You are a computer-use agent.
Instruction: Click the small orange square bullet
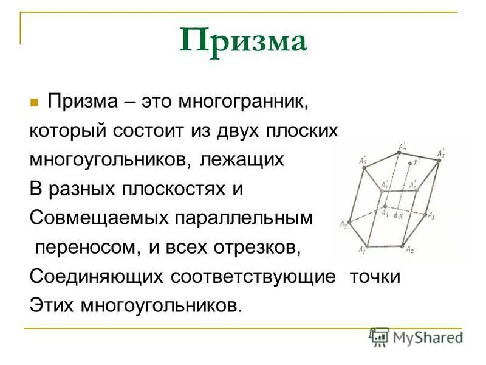[34, 102]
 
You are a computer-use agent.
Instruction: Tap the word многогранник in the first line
[244, 101]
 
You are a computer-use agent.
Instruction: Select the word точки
[375, 276]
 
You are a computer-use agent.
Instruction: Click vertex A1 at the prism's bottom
[367, 245]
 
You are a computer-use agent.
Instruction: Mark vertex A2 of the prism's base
[402, 246]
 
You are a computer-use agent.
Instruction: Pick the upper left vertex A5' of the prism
[364, 167]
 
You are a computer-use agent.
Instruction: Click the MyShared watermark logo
[416, 337]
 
